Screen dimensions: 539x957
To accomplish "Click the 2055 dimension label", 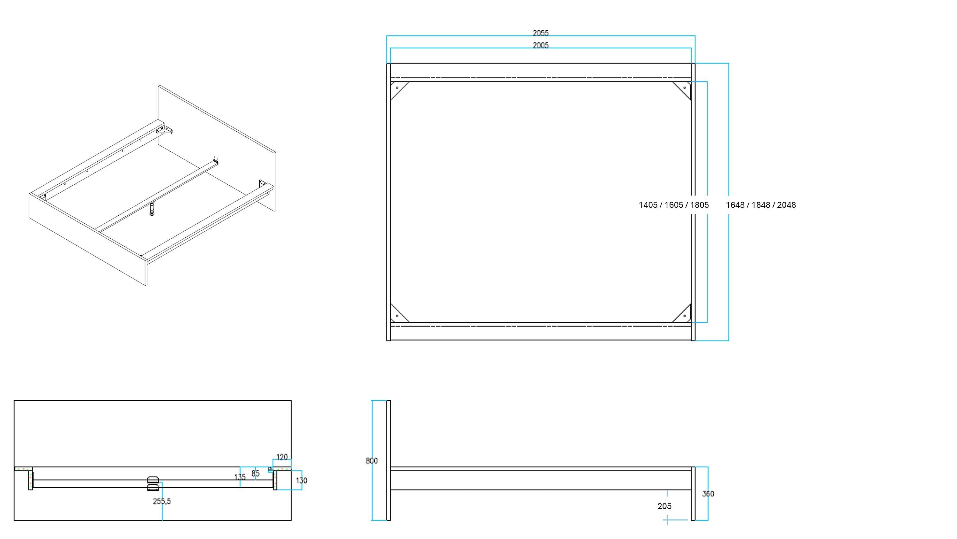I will (x=540, y=33).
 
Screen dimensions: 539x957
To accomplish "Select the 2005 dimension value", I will (x=540, y=45).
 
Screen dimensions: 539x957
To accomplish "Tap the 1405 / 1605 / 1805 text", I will (x=673, y=205).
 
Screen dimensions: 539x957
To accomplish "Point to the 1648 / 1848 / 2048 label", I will (x=761, y=205).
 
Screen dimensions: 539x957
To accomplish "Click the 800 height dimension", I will (x=372, y=461).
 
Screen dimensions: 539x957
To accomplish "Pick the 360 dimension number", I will (x=708, y=494).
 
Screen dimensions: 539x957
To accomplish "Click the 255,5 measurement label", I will (x=162, y=501).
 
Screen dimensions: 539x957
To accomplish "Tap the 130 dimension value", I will (x=301, y=481).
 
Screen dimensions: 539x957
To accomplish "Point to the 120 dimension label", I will (x=282, y=457).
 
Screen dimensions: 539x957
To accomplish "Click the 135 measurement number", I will (x=240, y=477).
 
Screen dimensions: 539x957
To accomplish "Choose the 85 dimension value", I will (x=255, y=474).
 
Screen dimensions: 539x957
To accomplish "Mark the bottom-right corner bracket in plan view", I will (x=683, y=314).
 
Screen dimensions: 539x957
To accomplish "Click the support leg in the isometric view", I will (x=152, y=209).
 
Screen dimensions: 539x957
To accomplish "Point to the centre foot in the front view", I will (x=153, y=484).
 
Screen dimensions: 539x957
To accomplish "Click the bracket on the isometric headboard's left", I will (x=165, y=130).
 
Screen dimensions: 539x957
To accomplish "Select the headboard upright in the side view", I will (x=389, y=460).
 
